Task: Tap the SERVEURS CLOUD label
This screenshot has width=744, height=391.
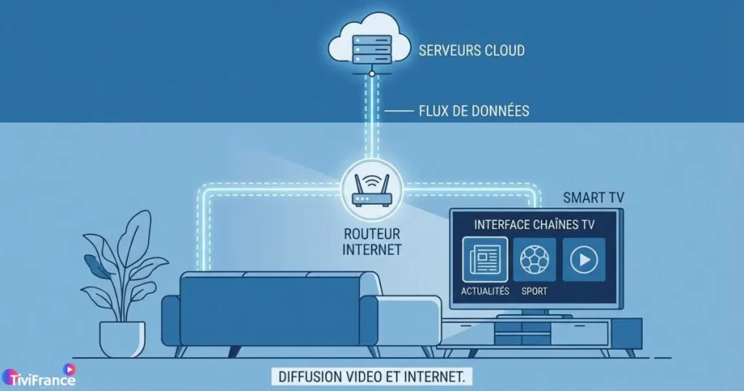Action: (472, 51)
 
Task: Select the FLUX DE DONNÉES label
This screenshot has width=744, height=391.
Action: (474, 111)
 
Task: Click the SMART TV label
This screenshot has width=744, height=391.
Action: (594, 197)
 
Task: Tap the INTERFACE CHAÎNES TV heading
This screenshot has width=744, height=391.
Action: (534, 225)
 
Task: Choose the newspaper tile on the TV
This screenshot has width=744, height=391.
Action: (485, 259)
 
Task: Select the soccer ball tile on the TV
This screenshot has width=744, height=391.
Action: (534, 259)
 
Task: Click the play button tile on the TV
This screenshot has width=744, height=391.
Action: (583, 259)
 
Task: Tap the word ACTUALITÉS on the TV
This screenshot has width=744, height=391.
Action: (485, 291)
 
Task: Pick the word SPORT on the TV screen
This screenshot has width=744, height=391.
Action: (534, 291)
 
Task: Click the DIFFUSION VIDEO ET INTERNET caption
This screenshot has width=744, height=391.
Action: (371, 376)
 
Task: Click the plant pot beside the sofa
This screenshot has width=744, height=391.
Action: (122, 339)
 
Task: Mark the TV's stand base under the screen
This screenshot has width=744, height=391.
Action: (535, 313)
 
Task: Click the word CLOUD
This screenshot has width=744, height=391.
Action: (504, 51)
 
